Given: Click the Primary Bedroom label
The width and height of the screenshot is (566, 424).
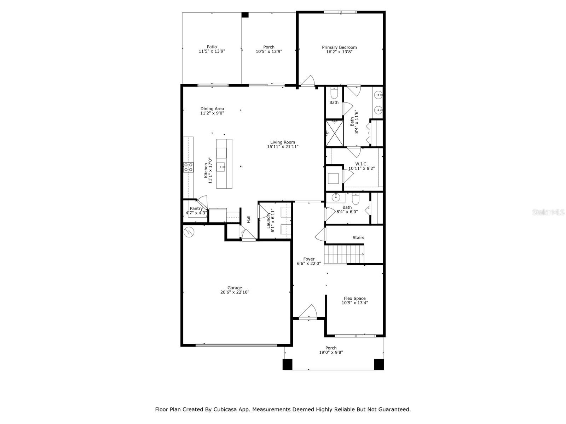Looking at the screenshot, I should point(339,47).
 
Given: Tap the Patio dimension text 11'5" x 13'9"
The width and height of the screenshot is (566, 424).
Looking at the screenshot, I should point(212,51).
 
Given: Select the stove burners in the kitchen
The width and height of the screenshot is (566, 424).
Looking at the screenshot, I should point(188,167).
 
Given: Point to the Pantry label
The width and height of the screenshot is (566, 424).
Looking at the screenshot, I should point(196,208).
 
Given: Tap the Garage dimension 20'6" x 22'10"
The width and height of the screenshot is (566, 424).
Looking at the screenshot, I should point(235,292).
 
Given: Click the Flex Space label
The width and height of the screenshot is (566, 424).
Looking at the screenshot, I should point(354,298).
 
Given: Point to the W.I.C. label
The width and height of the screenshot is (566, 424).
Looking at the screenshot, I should point(361,164).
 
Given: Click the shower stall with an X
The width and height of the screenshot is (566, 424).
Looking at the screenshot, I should point(334,133).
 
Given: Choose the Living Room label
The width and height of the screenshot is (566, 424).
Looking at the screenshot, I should point(283,142).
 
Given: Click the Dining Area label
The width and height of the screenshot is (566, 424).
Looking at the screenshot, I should point(212,109).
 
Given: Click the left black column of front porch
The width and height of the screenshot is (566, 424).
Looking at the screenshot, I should point(287,364).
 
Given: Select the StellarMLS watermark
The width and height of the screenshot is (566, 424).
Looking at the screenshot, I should point(548,212).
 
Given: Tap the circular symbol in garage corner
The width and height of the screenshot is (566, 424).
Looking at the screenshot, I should point(189,232).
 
